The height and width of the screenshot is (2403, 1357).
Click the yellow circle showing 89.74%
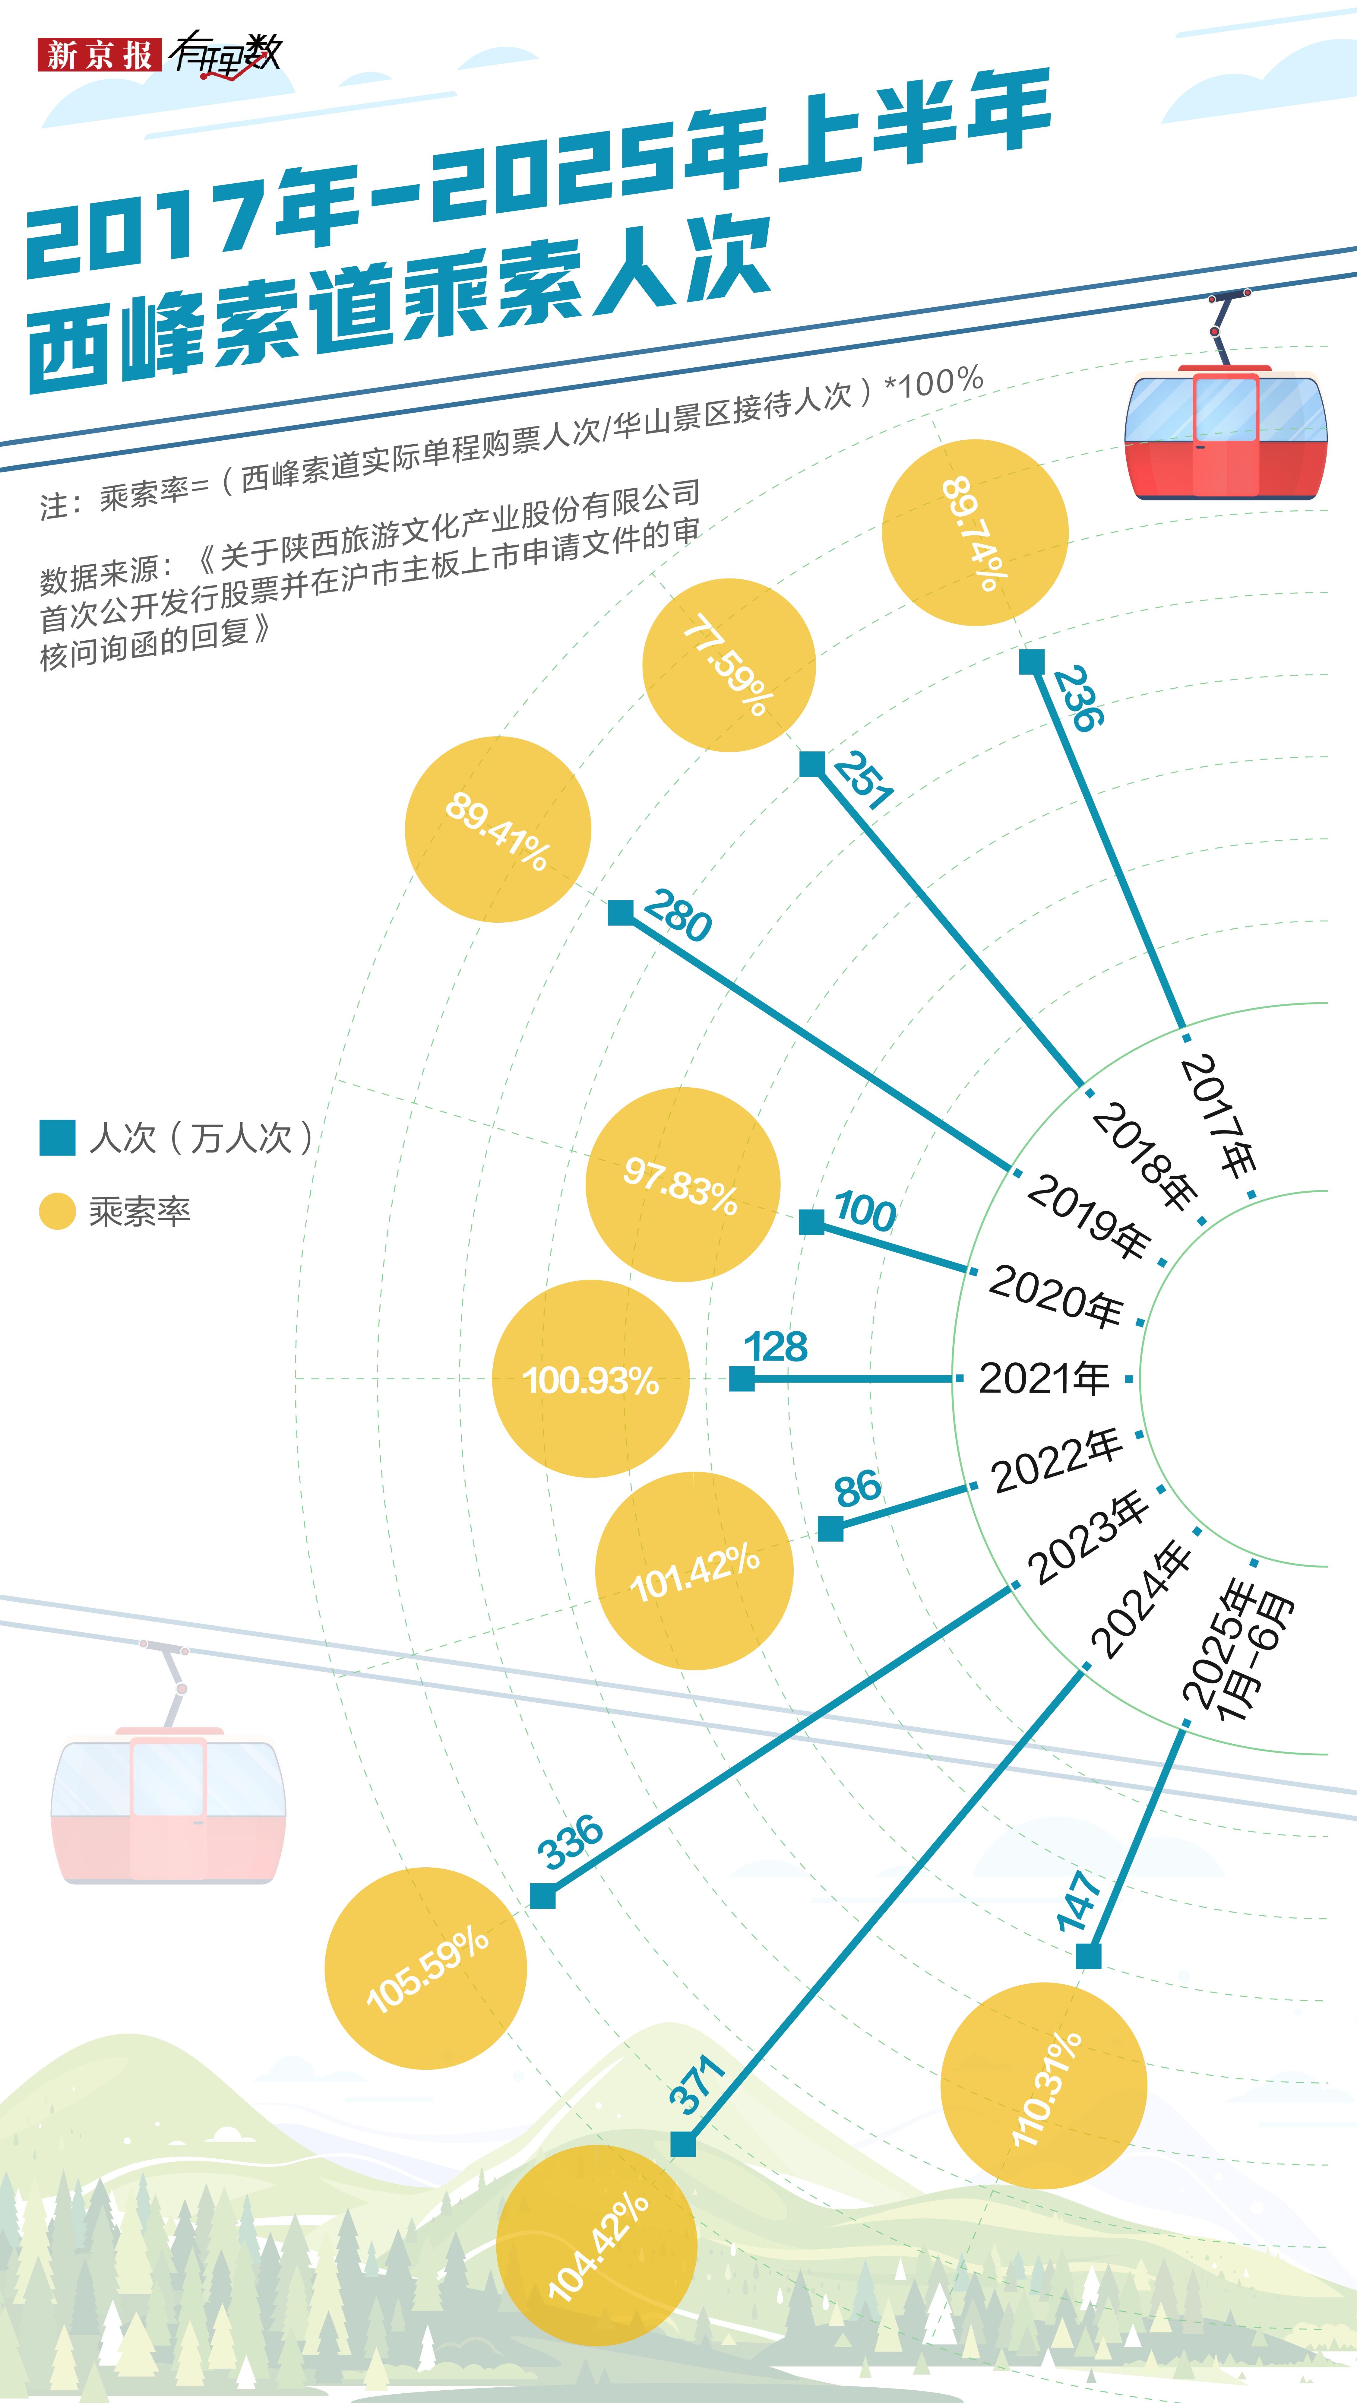pyautogui.click(x=975, y=533)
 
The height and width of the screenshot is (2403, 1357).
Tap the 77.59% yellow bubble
pyautogui.click(x=729, y=665)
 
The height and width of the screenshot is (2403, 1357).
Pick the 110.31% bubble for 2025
pyautogui.click(x=1044, y=2086)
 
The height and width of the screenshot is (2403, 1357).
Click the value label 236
pyautogui.click(x=1079, y=698)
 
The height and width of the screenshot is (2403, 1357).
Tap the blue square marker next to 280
pyautogui.click(x=620, y=912)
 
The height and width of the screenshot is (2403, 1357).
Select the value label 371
pyautogui.click(x=697, y=2084)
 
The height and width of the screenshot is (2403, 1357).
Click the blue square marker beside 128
pyautogui.click(x=742, y=1379)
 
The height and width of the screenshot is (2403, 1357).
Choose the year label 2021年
pyautogui.click(x=1044, y=1378)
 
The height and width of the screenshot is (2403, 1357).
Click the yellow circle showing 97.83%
pyautogui.click(x=683, y=1185)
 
